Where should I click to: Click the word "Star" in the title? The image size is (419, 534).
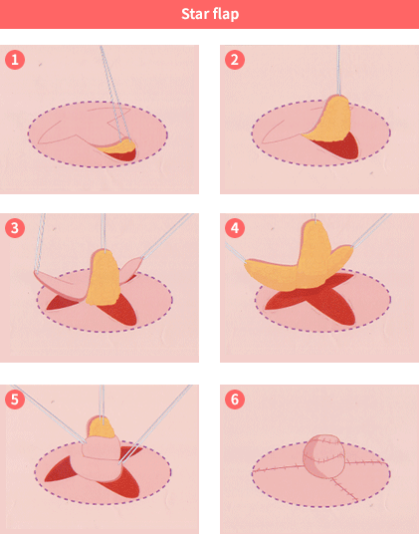(194, 14)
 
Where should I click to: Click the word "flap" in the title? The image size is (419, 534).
(226, 15)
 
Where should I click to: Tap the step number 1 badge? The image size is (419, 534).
(15, 60)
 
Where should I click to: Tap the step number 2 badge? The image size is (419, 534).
(235, 60)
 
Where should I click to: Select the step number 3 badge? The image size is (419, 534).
(15, 228)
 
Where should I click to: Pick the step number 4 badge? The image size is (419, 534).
(235, 228)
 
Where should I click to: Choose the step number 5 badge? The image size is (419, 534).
(15, 400)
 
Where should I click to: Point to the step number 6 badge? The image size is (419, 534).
(235, 400)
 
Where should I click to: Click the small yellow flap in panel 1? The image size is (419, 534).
(119, 146)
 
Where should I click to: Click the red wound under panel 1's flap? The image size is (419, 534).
(122, 156)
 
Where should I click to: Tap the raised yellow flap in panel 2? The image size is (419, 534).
(331, 121)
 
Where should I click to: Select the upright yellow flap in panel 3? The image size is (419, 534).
(103, 278)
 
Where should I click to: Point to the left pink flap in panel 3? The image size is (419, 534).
(62, 284)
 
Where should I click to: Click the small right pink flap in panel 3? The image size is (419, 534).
(131, 266)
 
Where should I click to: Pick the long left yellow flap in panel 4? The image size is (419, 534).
(272, 276)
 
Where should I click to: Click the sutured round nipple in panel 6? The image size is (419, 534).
(323, 455)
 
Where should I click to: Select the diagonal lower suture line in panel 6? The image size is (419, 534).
(343, 489)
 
